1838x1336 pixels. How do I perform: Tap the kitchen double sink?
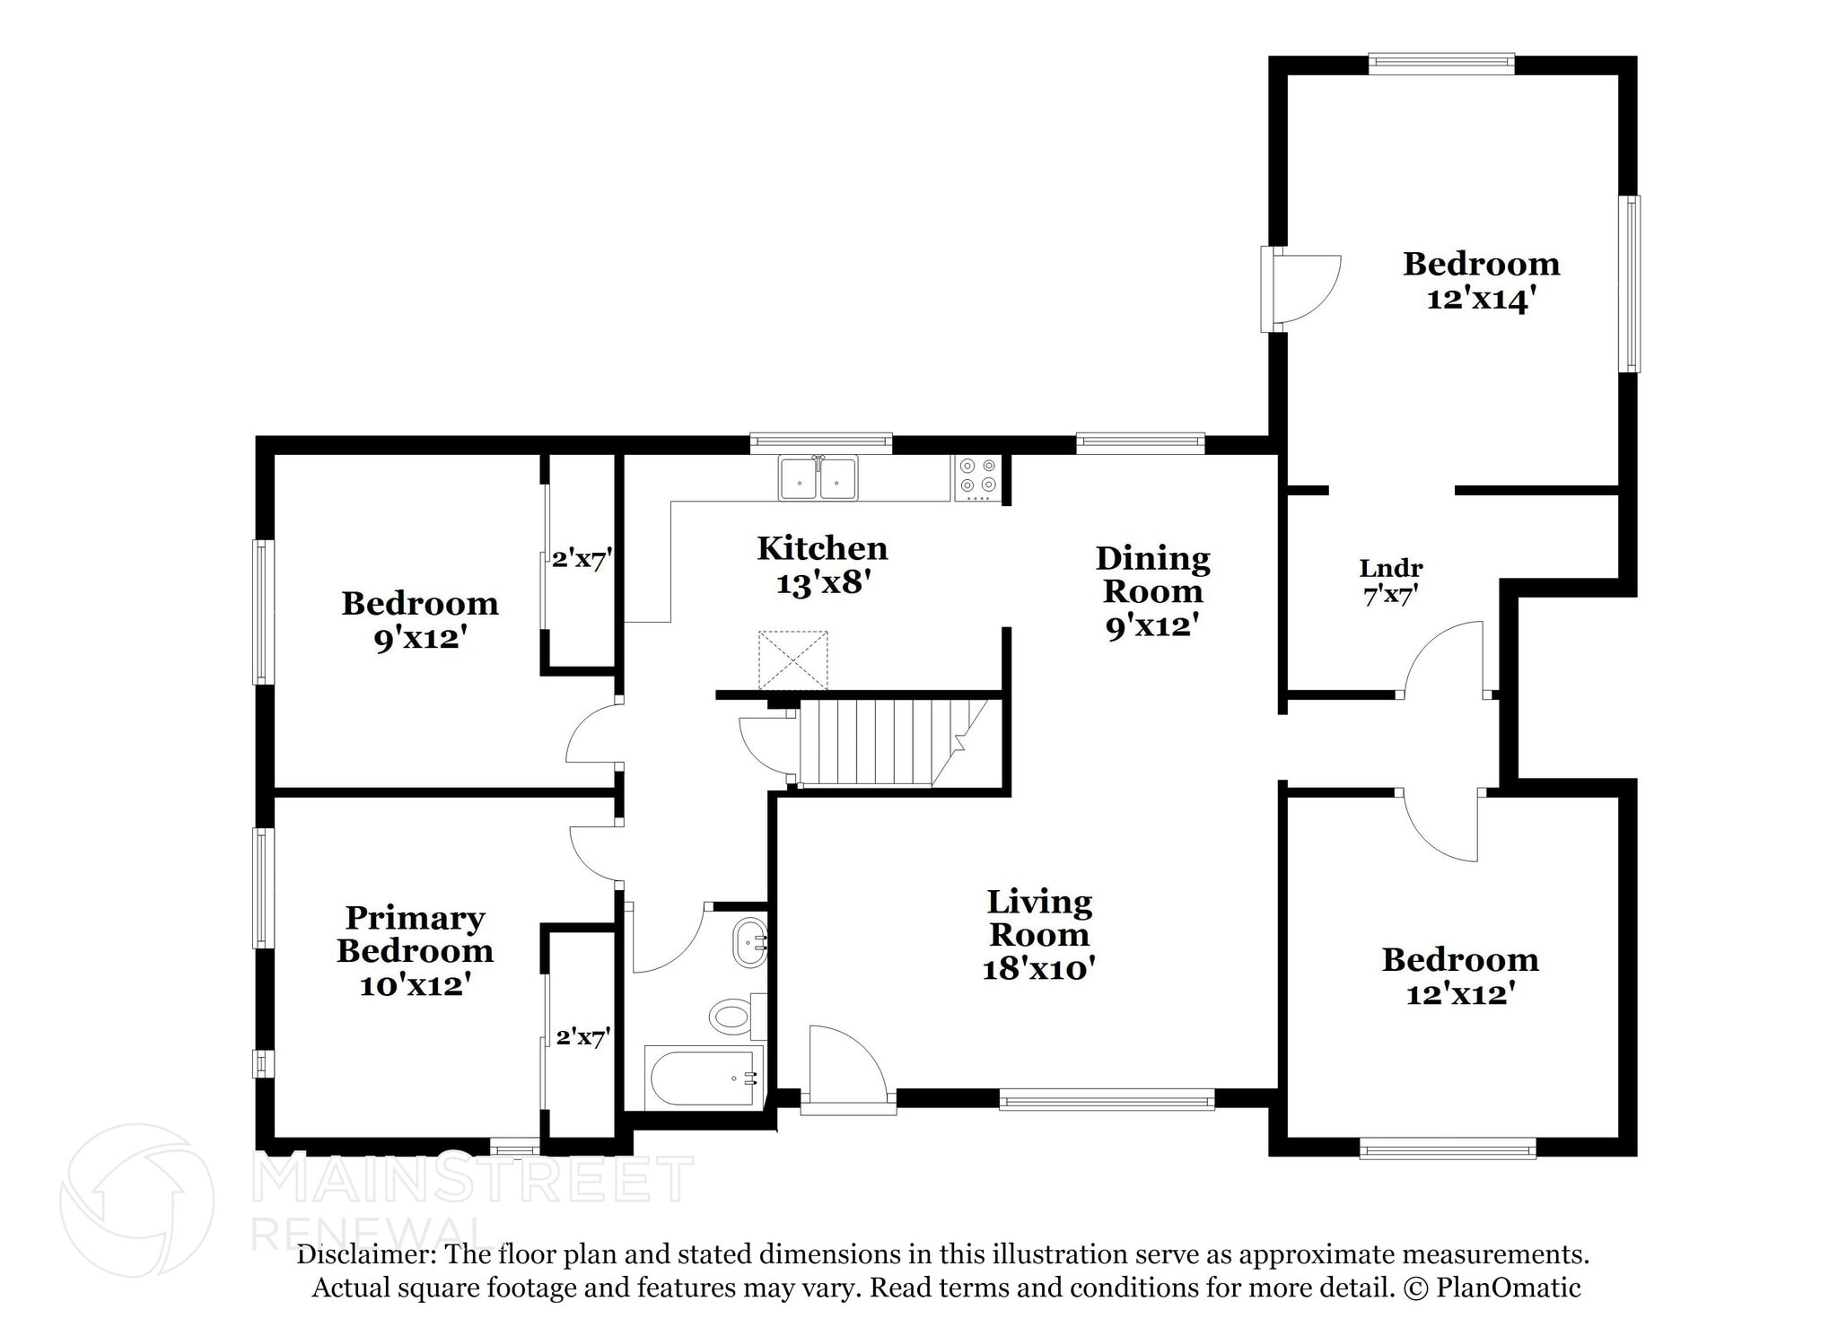[x=818, y=478]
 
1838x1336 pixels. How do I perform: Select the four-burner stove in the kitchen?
[x=977, y=478]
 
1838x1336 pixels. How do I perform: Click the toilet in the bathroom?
[x=731, y=1017]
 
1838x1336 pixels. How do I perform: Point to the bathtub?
[x=705, y=1078]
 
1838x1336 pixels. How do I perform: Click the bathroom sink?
[x=750, y=943]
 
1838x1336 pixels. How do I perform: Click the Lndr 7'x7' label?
[x=1390, y=581]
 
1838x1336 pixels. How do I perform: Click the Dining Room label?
[x=1152, y=574]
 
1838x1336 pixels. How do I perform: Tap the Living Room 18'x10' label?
[x=1038, y=934]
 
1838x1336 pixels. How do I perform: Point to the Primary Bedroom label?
[x=415, y=934]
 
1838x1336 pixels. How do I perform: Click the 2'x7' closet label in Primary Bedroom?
[x=583, y=1037]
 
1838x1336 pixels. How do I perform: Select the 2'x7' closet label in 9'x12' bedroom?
[x=582, y=560]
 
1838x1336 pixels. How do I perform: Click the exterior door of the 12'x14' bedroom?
[x=1301, y=289]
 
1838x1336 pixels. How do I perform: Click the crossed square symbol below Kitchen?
[x=793, y=660]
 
